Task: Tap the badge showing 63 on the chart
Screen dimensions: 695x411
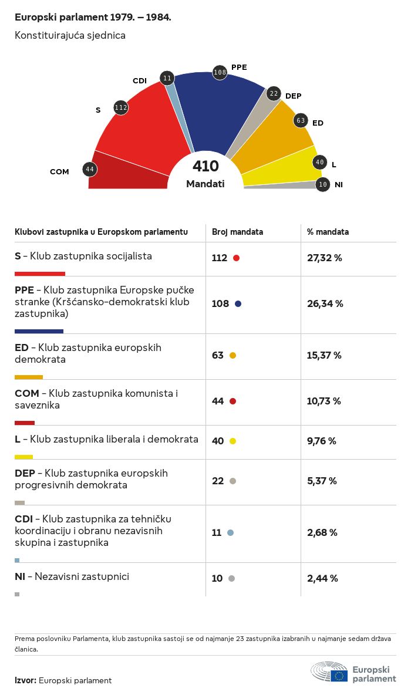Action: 301,120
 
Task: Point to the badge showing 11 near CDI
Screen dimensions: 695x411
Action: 167,78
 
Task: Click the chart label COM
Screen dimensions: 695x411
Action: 59,172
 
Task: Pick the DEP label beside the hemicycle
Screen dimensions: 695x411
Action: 293,96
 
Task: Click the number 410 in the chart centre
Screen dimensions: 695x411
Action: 206,167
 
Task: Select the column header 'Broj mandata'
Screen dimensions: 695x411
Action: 237,232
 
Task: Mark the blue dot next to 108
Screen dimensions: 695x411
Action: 238,304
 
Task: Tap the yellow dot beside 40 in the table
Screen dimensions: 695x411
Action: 233,441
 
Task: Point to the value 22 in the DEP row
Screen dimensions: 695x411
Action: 218,481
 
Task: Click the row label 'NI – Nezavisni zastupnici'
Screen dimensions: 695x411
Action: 72,576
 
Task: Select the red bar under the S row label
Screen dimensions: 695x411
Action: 40,274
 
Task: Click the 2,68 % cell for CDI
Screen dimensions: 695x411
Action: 322,532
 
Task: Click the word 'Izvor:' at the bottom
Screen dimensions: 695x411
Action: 25,680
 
